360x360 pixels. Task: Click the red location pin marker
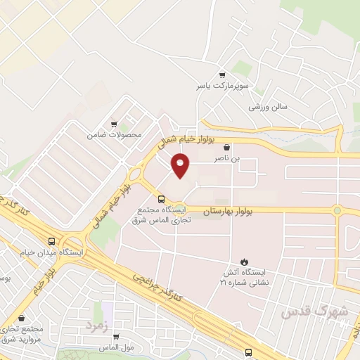click(x=181, y=167)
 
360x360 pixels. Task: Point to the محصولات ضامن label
click(x=114, y=134)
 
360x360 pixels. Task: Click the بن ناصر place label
click(x=228, y=159)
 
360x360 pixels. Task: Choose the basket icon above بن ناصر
click(x=226, y=148)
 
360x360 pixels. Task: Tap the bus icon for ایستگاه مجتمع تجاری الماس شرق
click(x=162, y=200)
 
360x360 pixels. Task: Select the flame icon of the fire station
click(x=245, y=262)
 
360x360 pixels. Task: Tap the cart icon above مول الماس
click(x=115, y=336)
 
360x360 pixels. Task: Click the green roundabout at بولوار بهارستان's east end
click(x=337, y=210)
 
